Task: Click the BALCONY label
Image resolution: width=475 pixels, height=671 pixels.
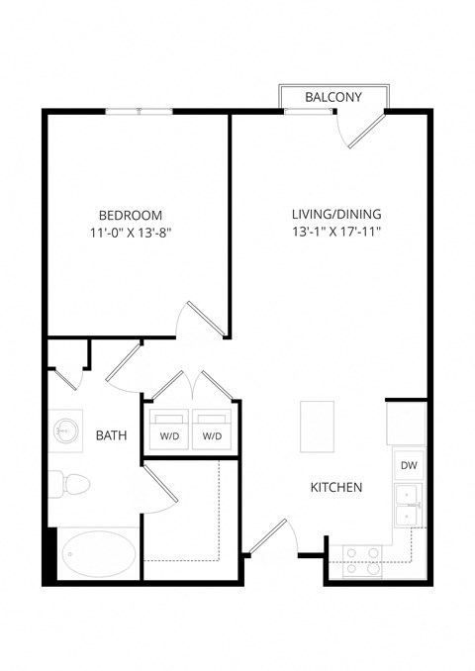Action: point(332,97)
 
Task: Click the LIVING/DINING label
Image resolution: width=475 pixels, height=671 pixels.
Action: point(336,214)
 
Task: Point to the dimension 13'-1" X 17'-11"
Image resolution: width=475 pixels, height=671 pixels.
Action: point(336,233)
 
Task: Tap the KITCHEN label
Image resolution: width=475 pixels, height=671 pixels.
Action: point(336,487)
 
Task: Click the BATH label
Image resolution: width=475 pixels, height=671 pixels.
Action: point(110,434)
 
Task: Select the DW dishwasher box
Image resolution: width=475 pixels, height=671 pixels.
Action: point(408,464)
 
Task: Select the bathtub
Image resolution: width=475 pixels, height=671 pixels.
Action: point(99,553)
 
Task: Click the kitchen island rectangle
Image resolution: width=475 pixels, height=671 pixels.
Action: point(319,423)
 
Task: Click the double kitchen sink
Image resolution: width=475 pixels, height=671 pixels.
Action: point(407,506)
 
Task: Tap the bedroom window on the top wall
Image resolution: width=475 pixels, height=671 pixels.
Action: point(140,112)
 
